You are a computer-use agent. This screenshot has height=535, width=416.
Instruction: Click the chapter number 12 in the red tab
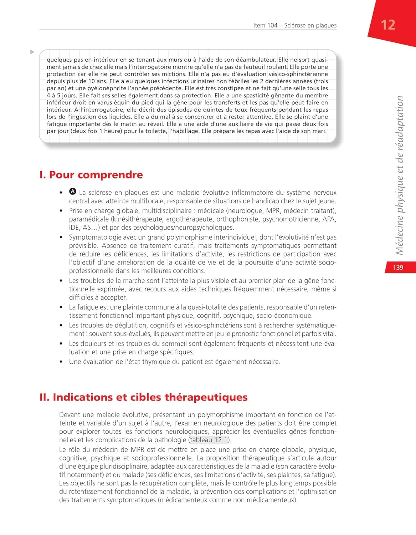(388, 25)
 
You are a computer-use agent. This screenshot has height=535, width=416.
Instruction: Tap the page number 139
(398, 267)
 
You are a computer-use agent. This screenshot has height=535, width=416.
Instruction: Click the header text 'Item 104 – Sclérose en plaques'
(294, 25)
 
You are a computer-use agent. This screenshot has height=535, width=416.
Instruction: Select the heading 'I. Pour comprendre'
(91, 175)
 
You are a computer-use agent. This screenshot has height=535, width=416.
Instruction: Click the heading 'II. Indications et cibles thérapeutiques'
(143, 397)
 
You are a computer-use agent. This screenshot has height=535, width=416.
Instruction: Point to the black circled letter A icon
(73, 192)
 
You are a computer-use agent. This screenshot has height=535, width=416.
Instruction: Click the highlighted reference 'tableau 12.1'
(209, 440)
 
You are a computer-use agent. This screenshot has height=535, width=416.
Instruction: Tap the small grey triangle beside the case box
(32, 52)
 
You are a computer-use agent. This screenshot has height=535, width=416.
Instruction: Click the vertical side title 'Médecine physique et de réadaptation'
(399, 175)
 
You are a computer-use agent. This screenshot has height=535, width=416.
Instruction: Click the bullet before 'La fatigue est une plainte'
(61, 307)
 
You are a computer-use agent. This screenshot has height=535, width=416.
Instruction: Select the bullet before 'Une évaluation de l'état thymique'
(61, 362)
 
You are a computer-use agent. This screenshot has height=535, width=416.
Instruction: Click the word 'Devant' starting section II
(70, 415)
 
